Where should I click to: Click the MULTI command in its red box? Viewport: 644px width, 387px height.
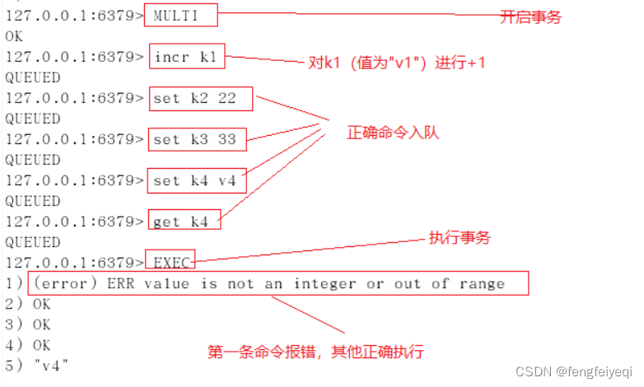pyautogui.click(x=182, y=16)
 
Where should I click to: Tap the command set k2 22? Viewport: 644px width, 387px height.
pyautogui.click(x=194, y=99)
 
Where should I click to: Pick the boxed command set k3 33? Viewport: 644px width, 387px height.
pyautogui.click(x=194, y=140)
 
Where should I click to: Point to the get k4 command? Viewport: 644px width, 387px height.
pyautogui.click(x=186, y=221)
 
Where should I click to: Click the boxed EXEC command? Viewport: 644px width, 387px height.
pyautogui.click(x=171, y=263)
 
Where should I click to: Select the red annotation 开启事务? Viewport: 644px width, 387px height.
pyautogui.click(x=530, y=16)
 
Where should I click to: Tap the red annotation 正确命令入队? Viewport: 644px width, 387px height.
pyautogui.click(x=392, y=132)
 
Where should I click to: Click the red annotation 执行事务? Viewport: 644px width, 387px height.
pyautogui.click(x=459, y=238)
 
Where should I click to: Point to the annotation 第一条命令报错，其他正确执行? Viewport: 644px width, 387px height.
pyautogui.click(x=315, y=352)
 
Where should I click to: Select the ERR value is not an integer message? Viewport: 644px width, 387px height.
pyautogui.click(x=278, y=284)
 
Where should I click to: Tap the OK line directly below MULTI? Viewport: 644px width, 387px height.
pyautogui.click(x=14, y=36)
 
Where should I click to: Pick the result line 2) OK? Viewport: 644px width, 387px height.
pyautogui.click(x=28, y=305)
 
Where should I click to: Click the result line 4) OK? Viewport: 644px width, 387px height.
pyautogui.click(x=28, y=346)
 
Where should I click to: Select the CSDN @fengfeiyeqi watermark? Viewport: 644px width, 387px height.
pyautogui.click(x=573, y=371)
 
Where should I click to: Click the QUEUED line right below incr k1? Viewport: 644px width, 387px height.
pyautogui.click(x=32, y=78)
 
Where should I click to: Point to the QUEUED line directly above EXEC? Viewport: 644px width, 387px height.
pyautogui.click(x=32, y=242)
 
